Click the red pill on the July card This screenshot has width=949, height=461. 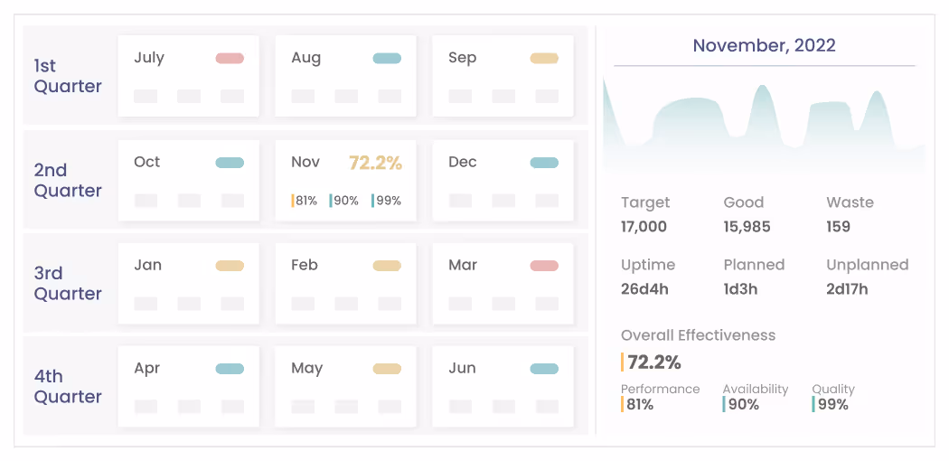pos(230,58)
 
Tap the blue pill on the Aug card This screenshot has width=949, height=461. pos(387,58)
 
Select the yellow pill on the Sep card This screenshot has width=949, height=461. pos(544,58)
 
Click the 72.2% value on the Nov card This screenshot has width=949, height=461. pos(375,163)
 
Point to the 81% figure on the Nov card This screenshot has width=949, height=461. pos(305,201)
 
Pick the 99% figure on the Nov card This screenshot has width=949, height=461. pos(388,201)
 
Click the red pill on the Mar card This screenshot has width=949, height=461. pos(544,266)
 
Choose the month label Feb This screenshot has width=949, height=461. pos(305,265)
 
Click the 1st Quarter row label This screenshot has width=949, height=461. pos(68,76)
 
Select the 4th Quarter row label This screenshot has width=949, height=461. pos(68,386)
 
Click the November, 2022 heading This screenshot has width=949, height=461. pos(764,45)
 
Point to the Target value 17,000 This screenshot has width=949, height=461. pos(644,226)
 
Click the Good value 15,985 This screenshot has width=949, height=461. pos(747,226)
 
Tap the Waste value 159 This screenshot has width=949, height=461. pos(838,226)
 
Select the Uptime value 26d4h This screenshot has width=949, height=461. pos(644,288)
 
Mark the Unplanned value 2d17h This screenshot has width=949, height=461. pos(847,288)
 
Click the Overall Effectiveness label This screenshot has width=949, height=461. pos(698,335)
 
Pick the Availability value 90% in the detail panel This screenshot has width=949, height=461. pos(743,404)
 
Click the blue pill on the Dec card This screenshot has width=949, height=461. pos(544,163)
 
